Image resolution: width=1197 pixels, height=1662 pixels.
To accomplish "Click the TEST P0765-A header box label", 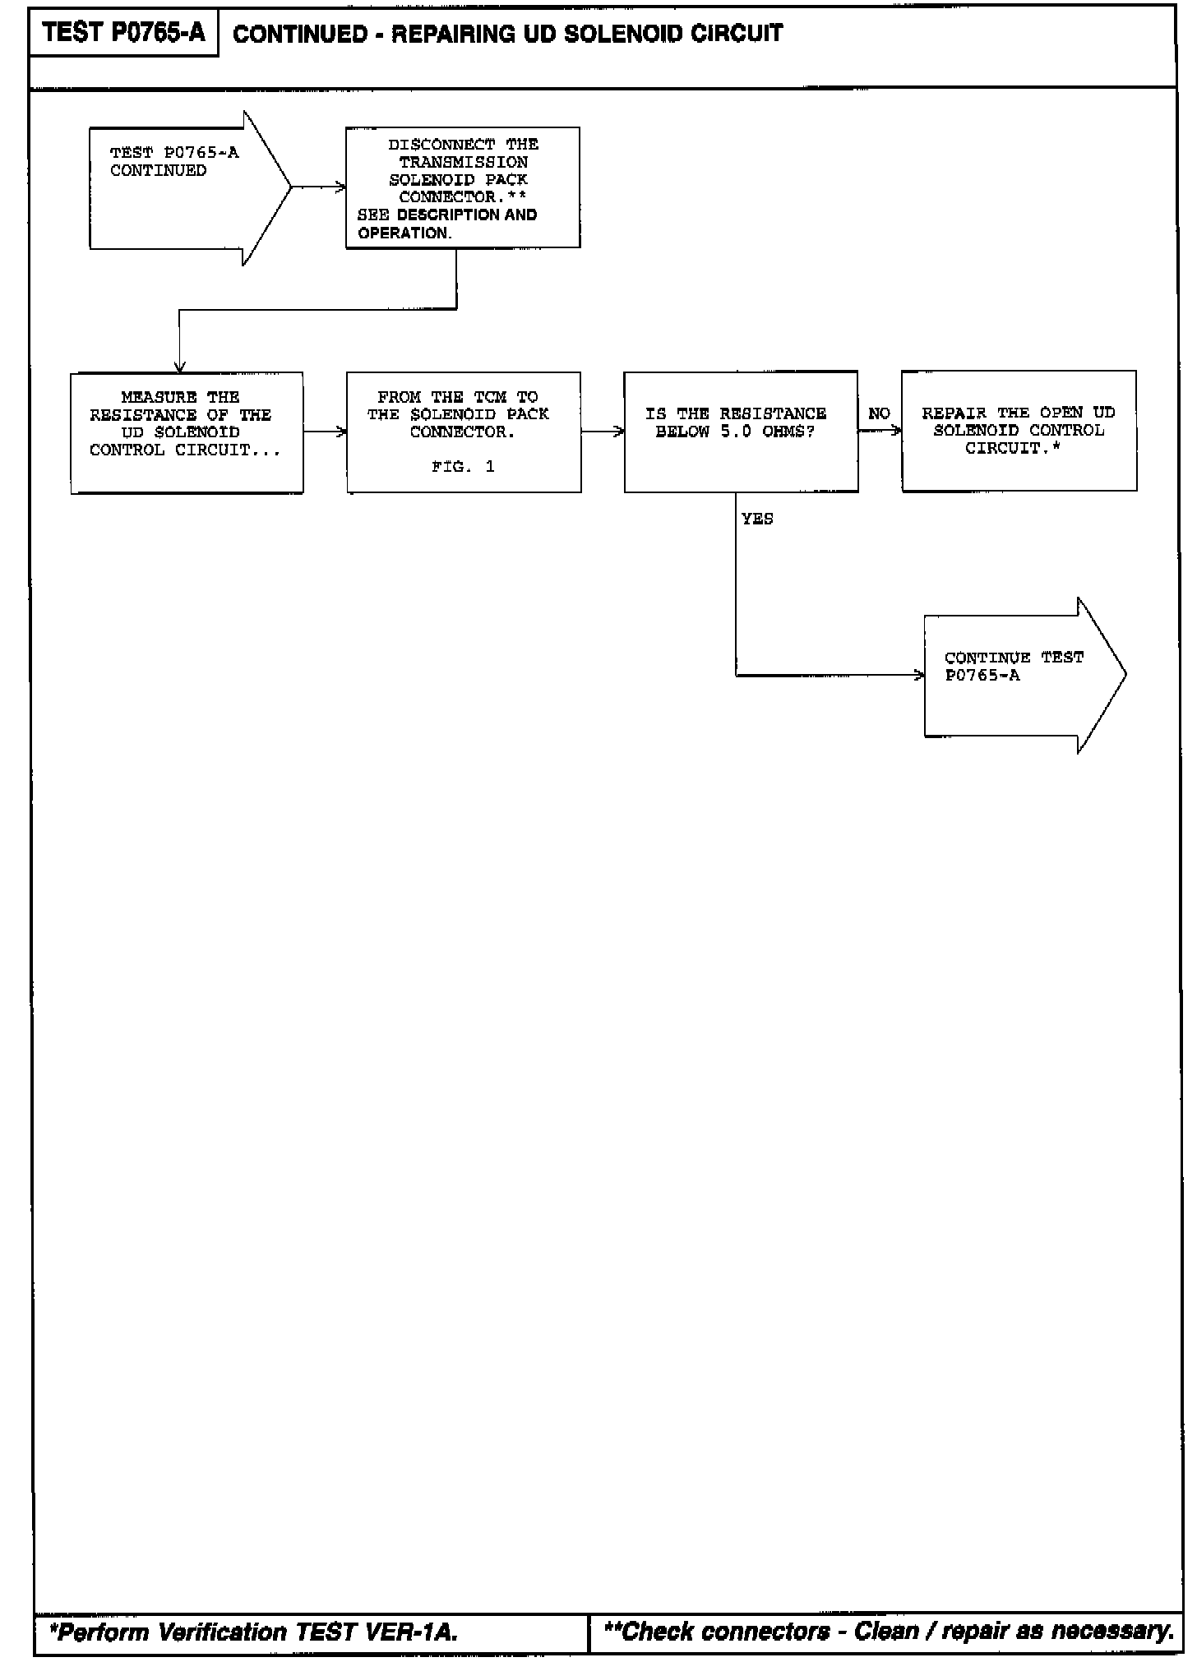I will pyautogui.click(x=123, y=33).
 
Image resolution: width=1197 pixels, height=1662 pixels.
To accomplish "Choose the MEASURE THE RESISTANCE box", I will pyautogui.click(x=187, y=432).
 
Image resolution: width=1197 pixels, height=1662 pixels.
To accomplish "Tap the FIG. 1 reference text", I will pyautogui.click(x=463, y=467).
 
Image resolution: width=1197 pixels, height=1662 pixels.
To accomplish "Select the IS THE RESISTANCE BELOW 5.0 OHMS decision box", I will pyautogui.click(x=741, y=432).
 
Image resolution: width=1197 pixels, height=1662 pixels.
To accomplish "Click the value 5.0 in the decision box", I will pyautogui.click(x=736, y=432).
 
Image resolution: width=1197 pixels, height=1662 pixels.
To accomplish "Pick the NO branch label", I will pyautogui.click(x=879, y=413).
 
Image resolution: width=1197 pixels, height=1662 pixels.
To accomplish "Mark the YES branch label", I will pyautogui.click(x=757, y=519).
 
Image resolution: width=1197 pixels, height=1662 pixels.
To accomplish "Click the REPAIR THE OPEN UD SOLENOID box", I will pyautogui.click(x=1019, y=431).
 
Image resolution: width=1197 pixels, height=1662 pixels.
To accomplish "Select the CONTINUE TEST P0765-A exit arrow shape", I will pyautogui.click(x=1019, y=675).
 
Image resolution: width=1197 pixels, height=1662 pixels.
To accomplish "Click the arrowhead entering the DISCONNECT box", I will pyautogui.click(x=340, y=188).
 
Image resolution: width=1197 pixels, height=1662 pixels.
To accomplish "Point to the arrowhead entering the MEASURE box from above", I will pyautogui.click(x=180, y=367).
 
